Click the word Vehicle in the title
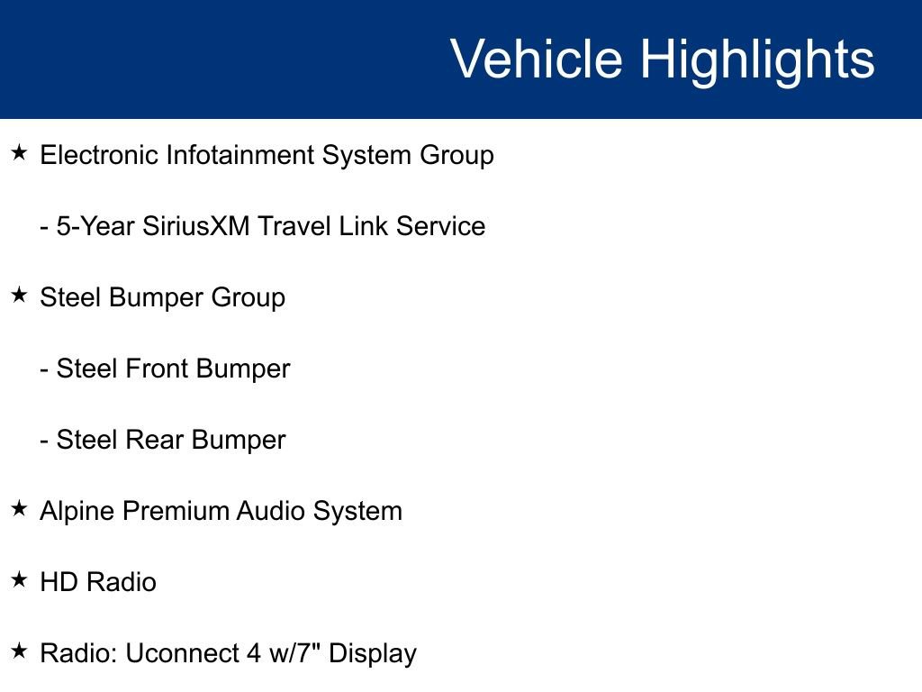(x=536, y=59)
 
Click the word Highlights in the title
(x=757, y=59)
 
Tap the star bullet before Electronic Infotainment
(x=19, y=153)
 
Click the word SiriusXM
(x=196, y=226)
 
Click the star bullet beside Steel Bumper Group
(x=19, y=296)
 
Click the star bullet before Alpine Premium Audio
(x=19, y=509)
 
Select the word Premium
(x=175, y=511)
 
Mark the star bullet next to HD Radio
(x=19, y=580)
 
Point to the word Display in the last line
(x=373, y=653)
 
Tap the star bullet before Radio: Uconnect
(x=19, y=651)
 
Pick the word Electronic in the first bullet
(x=99, y=155)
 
